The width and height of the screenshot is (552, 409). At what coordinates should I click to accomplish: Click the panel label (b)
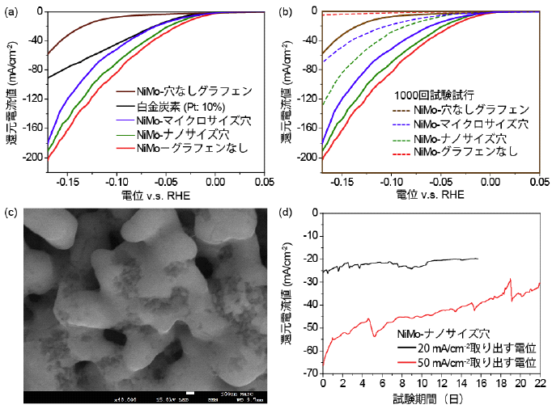tap(286, 11)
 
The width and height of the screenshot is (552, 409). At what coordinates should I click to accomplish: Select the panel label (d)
tap(286, 213)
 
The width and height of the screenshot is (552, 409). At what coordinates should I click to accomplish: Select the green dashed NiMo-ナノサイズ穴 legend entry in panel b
tap(465, 137)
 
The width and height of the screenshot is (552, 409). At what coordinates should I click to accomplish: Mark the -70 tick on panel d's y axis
tap(308, 373)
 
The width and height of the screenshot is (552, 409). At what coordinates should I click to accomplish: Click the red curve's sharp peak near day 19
tap(510, 279)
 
